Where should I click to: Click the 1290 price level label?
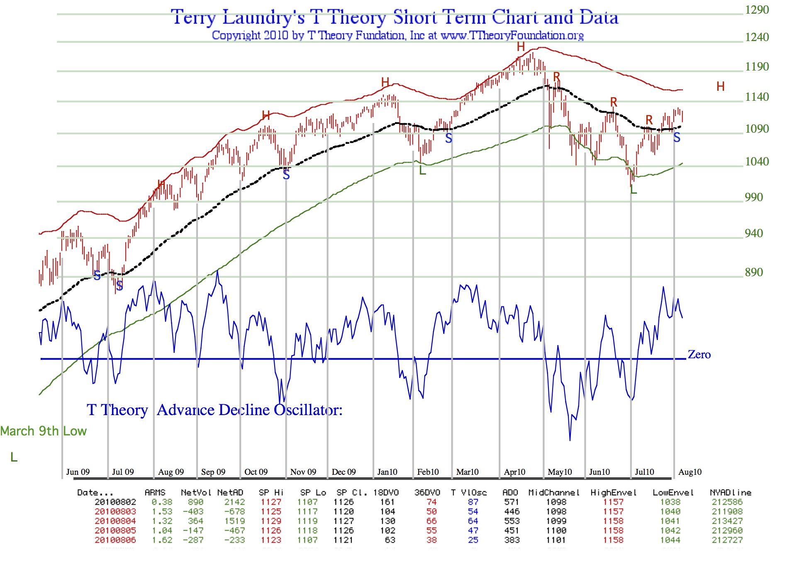[757, 10]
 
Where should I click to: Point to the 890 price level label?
[754, 272]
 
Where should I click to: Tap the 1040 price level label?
[757, 162]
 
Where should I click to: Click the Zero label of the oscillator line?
[699, 355]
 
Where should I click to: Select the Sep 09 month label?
[213, 472]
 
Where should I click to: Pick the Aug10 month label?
[690, 472]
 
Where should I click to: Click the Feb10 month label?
[428, 472]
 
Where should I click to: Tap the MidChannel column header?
[553, 493]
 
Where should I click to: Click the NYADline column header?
[730, 493]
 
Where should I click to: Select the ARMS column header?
[155, 493]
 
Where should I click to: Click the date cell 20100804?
[115, 521]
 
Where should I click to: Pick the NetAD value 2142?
[234, 502]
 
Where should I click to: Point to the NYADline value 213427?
[727, 521]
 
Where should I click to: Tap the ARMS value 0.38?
[162, 502]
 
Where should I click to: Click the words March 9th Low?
[43, 431]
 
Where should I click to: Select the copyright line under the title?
[397, 36]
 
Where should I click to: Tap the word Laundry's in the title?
[263, 18]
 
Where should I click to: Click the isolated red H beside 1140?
[720, 87]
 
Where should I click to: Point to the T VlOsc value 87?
[473, 502]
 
